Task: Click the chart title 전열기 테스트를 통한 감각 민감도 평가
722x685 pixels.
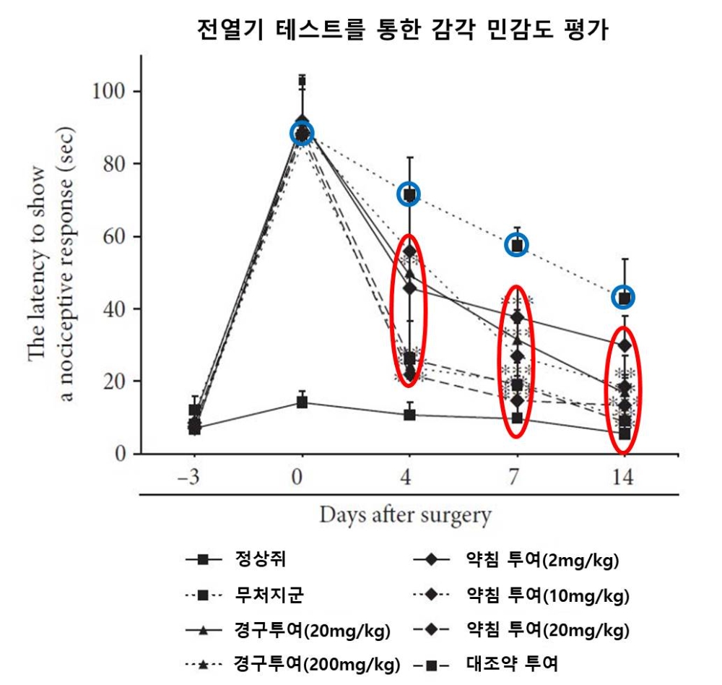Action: (404, 31)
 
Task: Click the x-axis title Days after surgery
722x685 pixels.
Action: (405, 516)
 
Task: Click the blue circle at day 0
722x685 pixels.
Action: (302, 133)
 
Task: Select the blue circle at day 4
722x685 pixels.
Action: (409, 194)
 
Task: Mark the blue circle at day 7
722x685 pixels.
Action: (517, 245)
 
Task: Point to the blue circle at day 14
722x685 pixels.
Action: (624, 297)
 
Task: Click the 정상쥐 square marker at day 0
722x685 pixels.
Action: (302, 402)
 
